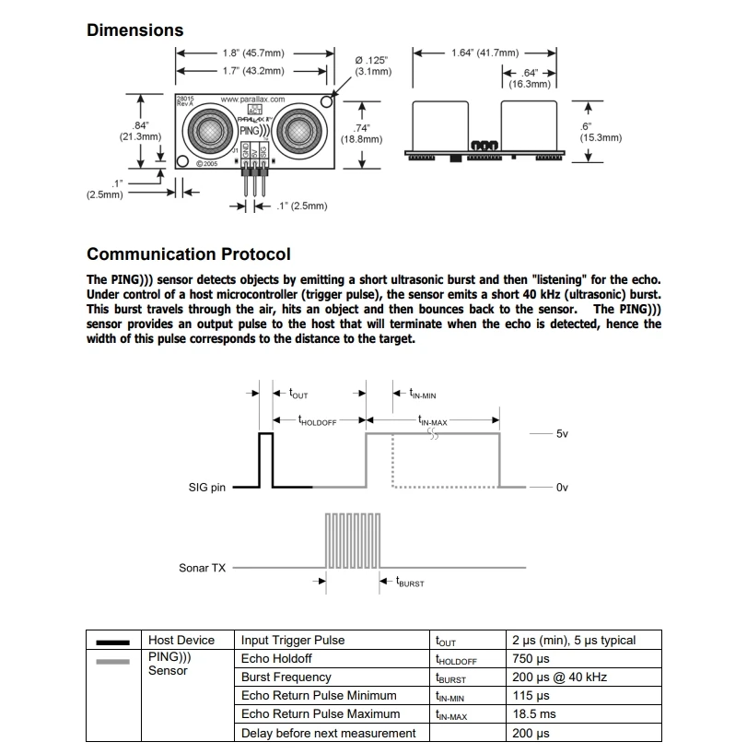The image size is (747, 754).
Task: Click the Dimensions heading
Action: pos(134,30)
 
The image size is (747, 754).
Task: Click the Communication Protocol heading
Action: pos(188,254)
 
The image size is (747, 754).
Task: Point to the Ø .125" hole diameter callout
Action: pos(373,65)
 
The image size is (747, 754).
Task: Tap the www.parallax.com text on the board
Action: pos(252,100)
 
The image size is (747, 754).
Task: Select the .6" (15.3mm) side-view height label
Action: pos(601,131)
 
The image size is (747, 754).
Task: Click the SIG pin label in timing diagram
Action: pos(206,488)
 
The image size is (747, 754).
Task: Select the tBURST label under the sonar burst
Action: pos(410,583)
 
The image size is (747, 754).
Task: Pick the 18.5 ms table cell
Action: pos(533,714)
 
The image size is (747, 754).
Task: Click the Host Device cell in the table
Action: pos(181,641)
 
